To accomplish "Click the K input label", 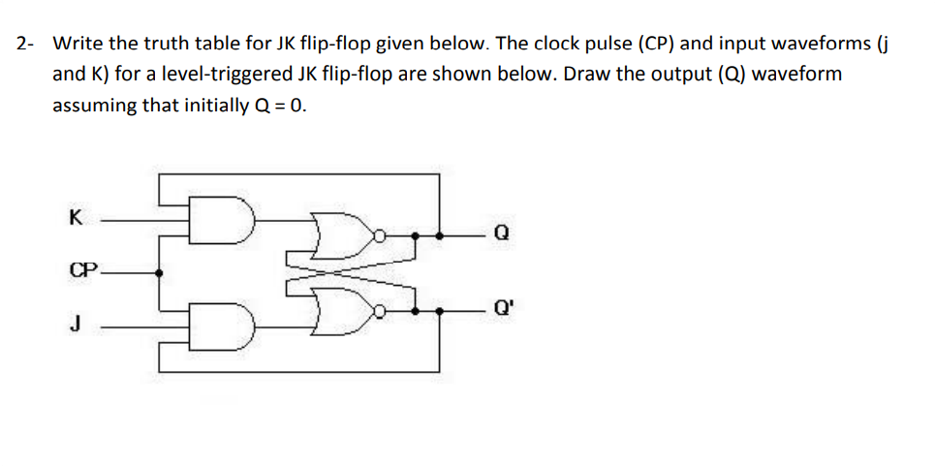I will click(75, 218).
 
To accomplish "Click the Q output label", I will click(500, 233).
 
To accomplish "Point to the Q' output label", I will click(502, 312).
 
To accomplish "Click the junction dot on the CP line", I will click(160, 272).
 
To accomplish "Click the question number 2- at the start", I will click(25, 44).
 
